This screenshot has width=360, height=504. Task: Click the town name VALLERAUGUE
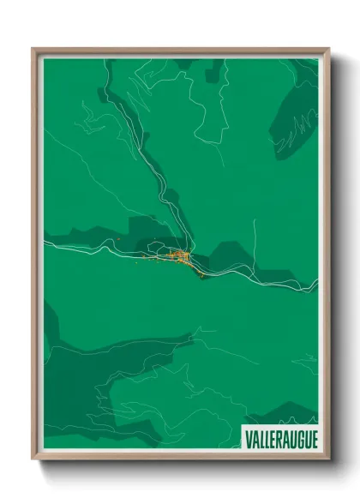pyautogui.click(x=280, y=438)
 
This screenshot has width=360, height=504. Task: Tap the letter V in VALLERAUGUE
pyautogui.click(x=248, y=438)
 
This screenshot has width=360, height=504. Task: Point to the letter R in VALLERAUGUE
pyautogui.click(x=276, y=438)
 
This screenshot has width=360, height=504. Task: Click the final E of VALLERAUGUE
pyautogui.click(x=313, y=438)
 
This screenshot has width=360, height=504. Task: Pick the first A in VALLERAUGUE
pyautogui.click(x=255, y=438)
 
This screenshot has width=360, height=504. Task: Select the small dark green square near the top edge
pyautogui.click(x=214, y=65)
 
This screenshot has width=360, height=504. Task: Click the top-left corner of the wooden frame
pyautogui.click(x=33, y=49)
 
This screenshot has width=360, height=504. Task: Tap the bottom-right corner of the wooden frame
pyautogui.click(x=328, y=459)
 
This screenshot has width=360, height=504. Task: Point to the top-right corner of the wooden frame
pyautogui.click(x=328, y=49)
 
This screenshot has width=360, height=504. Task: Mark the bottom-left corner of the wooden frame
pyautogui.click(x=33, y=459)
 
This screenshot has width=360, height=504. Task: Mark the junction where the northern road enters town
pyautogui.click(x=182, y=249)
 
